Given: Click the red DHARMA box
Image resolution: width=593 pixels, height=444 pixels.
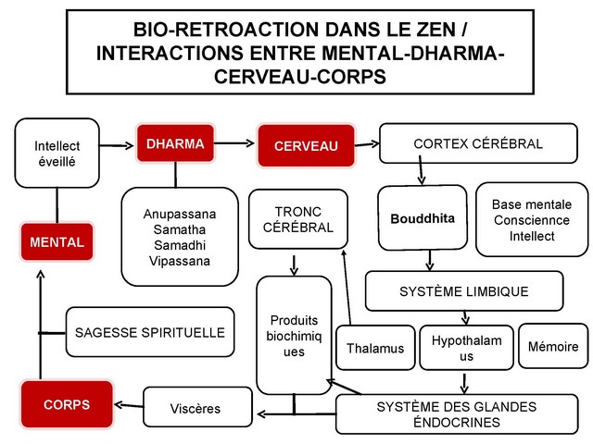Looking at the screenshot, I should click(175, 144).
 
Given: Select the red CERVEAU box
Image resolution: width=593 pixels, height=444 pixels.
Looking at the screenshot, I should click(305, 146).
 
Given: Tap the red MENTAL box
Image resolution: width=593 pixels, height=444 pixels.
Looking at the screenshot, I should click(57, 242).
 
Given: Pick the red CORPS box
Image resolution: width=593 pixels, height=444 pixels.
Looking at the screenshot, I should click(66, 404).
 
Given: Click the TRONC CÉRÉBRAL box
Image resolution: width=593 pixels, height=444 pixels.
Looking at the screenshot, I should click(298, 219).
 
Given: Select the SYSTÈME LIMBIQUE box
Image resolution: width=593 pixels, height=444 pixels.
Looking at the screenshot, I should click(463, 291).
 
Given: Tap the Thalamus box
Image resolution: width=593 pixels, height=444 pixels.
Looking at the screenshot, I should click(374, 348).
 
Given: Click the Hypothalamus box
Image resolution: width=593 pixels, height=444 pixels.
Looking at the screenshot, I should click(466, 348).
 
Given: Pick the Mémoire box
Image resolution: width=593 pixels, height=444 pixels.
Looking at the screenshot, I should click(553, 347).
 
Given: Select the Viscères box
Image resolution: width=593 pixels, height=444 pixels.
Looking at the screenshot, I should click(196, 406).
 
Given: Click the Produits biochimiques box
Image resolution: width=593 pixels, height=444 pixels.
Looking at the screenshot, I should click(294, 335).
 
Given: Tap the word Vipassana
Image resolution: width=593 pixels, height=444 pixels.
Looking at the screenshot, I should click(175, 261).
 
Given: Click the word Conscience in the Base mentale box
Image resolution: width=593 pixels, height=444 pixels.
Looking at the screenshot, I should click(532, 220).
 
